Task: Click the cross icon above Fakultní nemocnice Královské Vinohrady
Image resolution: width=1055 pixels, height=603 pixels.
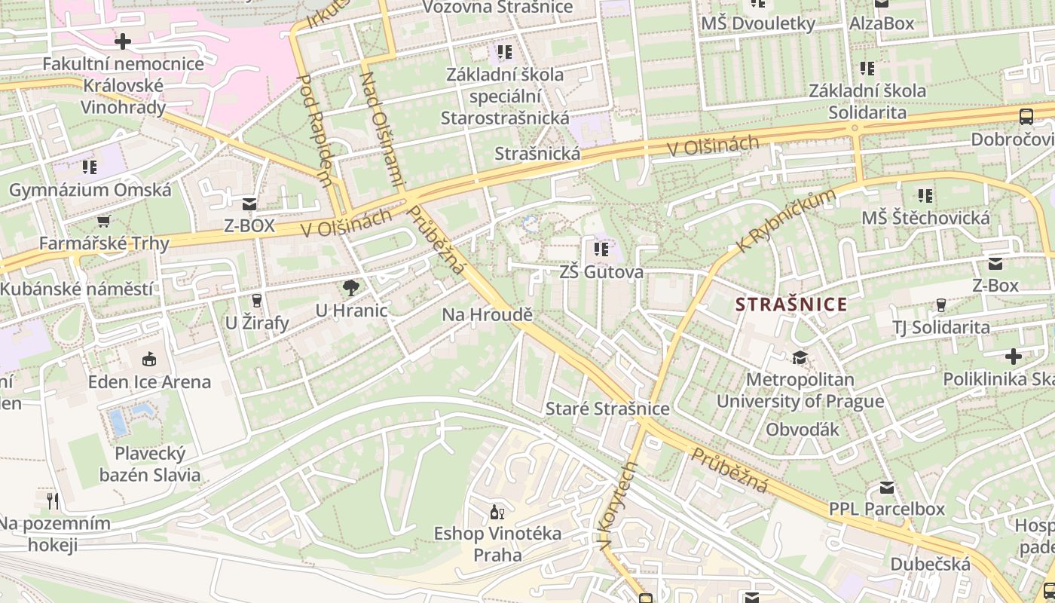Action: pyautogui.click(x=123, y=41)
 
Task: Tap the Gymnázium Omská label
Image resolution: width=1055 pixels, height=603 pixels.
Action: pyautogui.click(x=90, y=190)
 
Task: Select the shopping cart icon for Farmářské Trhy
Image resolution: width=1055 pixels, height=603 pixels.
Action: pyautogui.click(x=103, y=221)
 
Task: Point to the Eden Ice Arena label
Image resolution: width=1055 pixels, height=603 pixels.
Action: pyautogui.click(x=149, y=381)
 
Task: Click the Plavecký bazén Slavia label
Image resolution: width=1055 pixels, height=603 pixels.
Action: pyautogui.click(x=150, y=464)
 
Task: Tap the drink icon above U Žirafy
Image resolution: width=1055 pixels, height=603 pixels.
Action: pyautogui.click(x=256, y=300)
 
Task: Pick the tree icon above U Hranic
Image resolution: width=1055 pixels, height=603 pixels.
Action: pyautogui.click(x=350, y=287)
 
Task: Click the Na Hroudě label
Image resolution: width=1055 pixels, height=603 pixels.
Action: pyautogui.click(x=487, y=315)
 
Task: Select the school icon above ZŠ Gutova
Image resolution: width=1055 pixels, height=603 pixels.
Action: pyautogui.click(x=601, y=249)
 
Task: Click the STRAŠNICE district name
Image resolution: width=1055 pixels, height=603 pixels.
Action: pyautogui.click(x=791, y=305)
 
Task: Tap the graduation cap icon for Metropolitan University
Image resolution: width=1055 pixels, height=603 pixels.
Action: pyautogui.click(x=799, y=357)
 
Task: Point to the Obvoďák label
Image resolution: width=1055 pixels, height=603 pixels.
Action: pyautogui.click(x=803, y=429)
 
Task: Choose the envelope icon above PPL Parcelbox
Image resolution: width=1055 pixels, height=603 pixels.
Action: pyautogui.click(x=887, y=488)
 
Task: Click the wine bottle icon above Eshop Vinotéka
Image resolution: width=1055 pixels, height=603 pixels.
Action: pyautogui.click(x=497, y=513)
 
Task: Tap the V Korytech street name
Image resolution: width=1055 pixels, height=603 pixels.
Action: pyautogui.click(x=619, y=506)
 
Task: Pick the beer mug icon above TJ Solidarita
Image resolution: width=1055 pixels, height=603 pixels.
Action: pyautogui.click(x=940, y=305)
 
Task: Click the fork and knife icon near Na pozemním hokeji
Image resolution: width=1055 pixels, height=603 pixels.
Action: pyautogui.click(x=52, y=500)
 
